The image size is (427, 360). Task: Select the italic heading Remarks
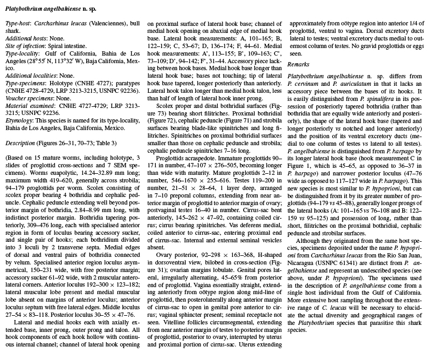point(298,64)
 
